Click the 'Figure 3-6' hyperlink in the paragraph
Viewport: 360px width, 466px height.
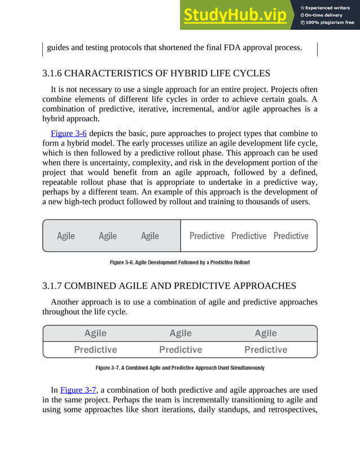point(69,133)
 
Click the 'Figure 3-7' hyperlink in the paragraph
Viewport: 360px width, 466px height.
point(78,389)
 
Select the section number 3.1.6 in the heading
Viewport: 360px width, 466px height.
point(55,74)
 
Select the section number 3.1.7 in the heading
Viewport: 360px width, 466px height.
point(55,286)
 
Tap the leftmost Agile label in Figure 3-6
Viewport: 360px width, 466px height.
point(66,236)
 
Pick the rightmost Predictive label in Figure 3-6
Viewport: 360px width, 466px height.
point(291,236)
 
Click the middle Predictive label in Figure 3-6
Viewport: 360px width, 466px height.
point(249,236)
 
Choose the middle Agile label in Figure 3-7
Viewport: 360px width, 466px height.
point(181,333)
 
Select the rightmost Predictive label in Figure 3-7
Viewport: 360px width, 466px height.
point(266,350)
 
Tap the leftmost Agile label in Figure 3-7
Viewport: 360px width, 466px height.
point(95,333)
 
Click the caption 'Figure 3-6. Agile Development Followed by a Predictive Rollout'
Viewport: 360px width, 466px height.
point(179,262)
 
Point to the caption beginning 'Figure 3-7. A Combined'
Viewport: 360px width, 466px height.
point(179,368)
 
